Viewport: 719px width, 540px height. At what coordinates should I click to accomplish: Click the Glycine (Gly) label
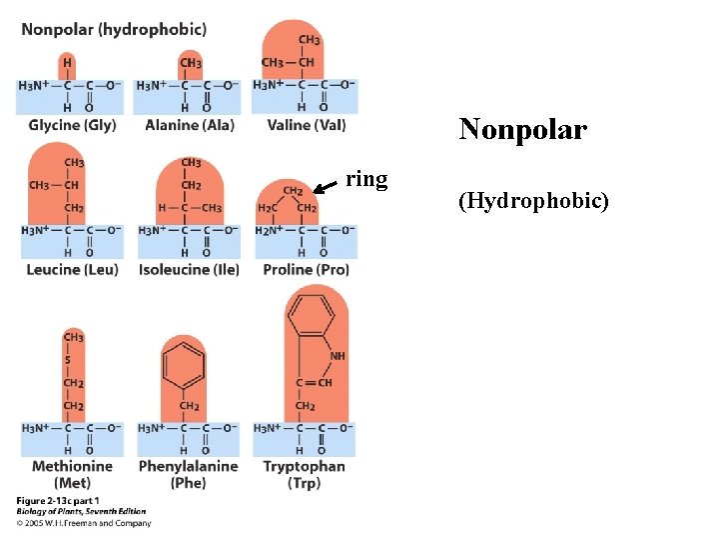tap(72, 125)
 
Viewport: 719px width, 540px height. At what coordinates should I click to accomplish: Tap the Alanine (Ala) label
tap(188, 125)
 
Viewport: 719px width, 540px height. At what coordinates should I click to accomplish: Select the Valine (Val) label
tap(307, 125)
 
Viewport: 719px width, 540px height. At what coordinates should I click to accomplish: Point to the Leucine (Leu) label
tap(72, 269)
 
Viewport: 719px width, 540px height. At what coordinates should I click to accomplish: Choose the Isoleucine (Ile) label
tap(189, 269)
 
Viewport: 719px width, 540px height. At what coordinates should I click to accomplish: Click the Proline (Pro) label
tap(306, 269)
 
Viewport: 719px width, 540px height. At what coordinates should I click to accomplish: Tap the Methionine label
tap(72, 466)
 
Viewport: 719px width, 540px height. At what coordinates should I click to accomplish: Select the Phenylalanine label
tap(188, 466)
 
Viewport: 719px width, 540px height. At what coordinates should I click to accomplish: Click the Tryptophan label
tap(304, 466)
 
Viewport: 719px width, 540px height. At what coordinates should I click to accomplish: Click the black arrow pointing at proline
tap(326, 186)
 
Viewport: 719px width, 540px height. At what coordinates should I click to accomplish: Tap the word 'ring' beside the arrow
tap(366, 180)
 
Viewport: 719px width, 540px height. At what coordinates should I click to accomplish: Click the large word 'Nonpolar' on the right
tap(522, 130)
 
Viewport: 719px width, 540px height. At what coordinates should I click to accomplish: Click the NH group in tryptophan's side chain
tap(338, 356)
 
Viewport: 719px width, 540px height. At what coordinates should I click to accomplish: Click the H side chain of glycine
tap(68, 62)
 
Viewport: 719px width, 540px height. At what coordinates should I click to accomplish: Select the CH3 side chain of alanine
tap(190, 62)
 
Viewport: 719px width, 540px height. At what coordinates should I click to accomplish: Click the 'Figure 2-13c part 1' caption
tap(58, 500)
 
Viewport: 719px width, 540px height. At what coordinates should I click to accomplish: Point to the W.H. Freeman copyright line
tap(84, 523)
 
